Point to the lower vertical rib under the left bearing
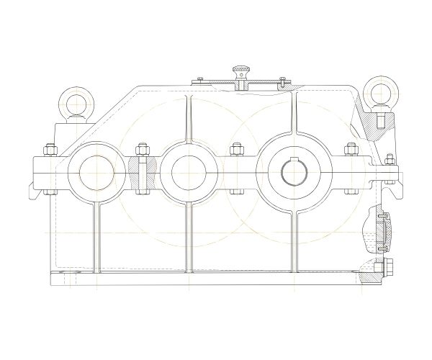[95, 238]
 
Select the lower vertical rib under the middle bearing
[189, 238]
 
